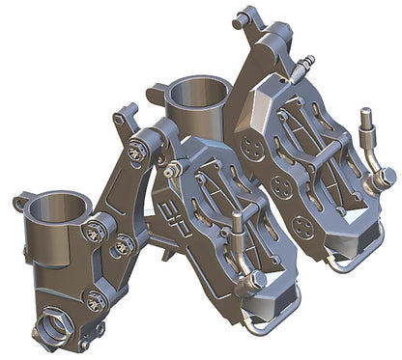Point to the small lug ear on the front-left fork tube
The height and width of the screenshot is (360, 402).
coord(19,203)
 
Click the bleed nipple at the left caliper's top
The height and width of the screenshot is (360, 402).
coord(173,170)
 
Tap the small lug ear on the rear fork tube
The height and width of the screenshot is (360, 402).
coord(155,92)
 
